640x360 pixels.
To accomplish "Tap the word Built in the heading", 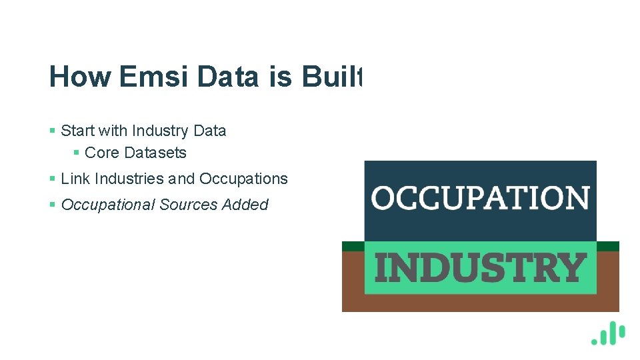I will point(331,77).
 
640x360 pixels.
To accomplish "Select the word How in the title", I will point(79,77).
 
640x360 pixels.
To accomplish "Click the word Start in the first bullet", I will point(78,131).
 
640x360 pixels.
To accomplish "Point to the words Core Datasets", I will point(135,153).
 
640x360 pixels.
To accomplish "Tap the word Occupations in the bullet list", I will point(243,179).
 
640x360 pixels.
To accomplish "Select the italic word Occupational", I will point(108,205).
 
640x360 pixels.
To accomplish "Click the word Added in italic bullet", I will point(245,205).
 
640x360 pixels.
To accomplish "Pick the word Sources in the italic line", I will point(188,205).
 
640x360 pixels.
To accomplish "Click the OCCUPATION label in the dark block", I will point(480,198).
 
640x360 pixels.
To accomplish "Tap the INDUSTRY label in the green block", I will point(480,267).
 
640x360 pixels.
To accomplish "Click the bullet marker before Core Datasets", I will point(77,153).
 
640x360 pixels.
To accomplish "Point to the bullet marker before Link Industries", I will point(53,179).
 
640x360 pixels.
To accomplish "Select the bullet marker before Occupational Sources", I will point(53,205).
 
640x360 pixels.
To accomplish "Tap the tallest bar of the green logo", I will point(613,333).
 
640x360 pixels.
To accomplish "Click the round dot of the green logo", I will point(595,341).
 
